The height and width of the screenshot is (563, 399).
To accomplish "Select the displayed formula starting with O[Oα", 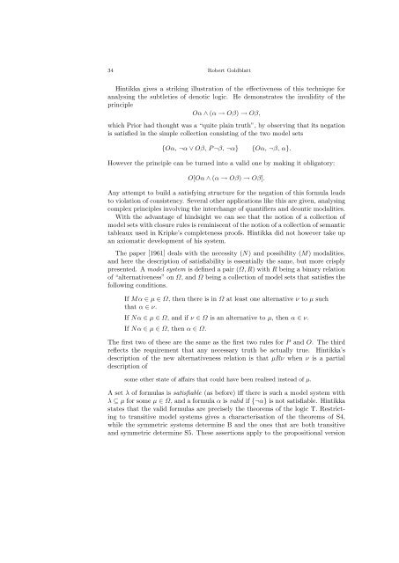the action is coord(199,189).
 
